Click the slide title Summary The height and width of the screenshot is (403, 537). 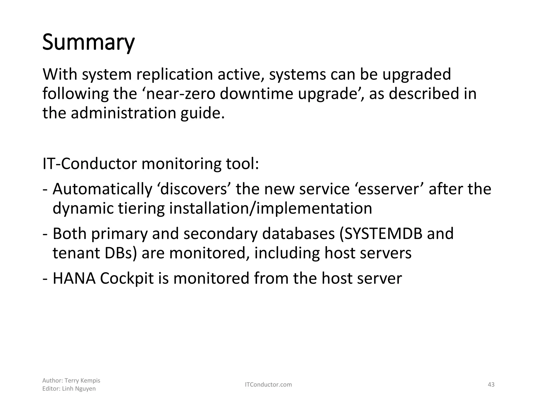point(88,43)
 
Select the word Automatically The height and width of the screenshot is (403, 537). point(103,189)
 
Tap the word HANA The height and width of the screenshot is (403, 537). point(74,278)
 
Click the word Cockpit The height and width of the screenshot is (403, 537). point(127,279)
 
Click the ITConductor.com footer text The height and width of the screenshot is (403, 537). point(268,385)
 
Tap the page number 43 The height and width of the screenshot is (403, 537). point(491,385)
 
